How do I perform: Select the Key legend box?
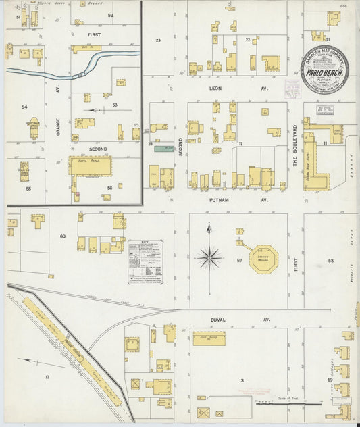pos(145,260)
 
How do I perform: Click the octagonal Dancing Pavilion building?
pos(263,259)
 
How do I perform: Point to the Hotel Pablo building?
pos(91,166)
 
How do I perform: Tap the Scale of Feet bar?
pos(288,403)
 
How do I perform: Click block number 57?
pos(239,259)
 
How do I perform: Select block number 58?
pos(331,260)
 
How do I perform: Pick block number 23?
pos(159,41)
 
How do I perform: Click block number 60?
pos(62,236)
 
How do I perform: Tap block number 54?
pos(25,107)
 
